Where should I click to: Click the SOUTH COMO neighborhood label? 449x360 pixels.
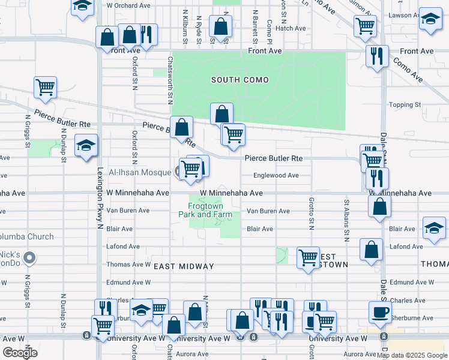click(240, 80)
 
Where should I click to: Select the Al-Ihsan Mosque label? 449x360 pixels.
click(140, 172)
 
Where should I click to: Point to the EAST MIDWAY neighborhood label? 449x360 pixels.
click(184, 266)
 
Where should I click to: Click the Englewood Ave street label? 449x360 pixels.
click(276, 176)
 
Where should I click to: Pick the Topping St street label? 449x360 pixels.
click(405, 104)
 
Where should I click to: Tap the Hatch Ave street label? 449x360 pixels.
click(291, 28)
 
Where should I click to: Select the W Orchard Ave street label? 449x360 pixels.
click(128, 5)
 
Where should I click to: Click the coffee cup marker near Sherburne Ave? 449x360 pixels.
click(379, 311)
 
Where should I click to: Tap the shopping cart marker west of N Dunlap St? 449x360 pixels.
click(46, 88)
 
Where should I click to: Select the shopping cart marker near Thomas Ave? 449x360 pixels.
click(308, 257)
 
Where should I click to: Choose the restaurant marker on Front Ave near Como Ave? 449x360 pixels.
click(377, 56)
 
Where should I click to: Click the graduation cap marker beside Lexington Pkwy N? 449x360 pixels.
click(86, 145)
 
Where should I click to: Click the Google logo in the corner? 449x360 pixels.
click(20, 353)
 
